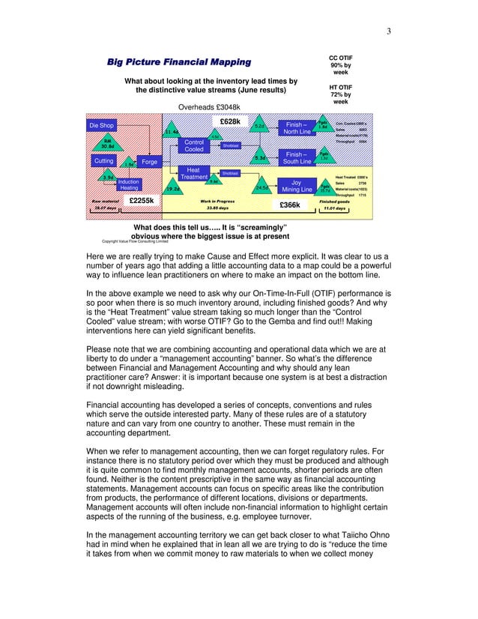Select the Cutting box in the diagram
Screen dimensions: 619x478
(103, 161)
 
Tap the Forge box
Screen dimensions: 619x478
(150, 161)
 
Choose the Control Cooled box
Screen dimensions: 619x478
(194, 145)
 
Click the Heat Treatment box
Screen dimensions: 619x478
(193, 173)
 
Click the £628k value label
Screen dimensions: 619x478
(229, 121)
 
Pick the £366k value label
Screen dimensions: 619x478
(289, 205)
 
